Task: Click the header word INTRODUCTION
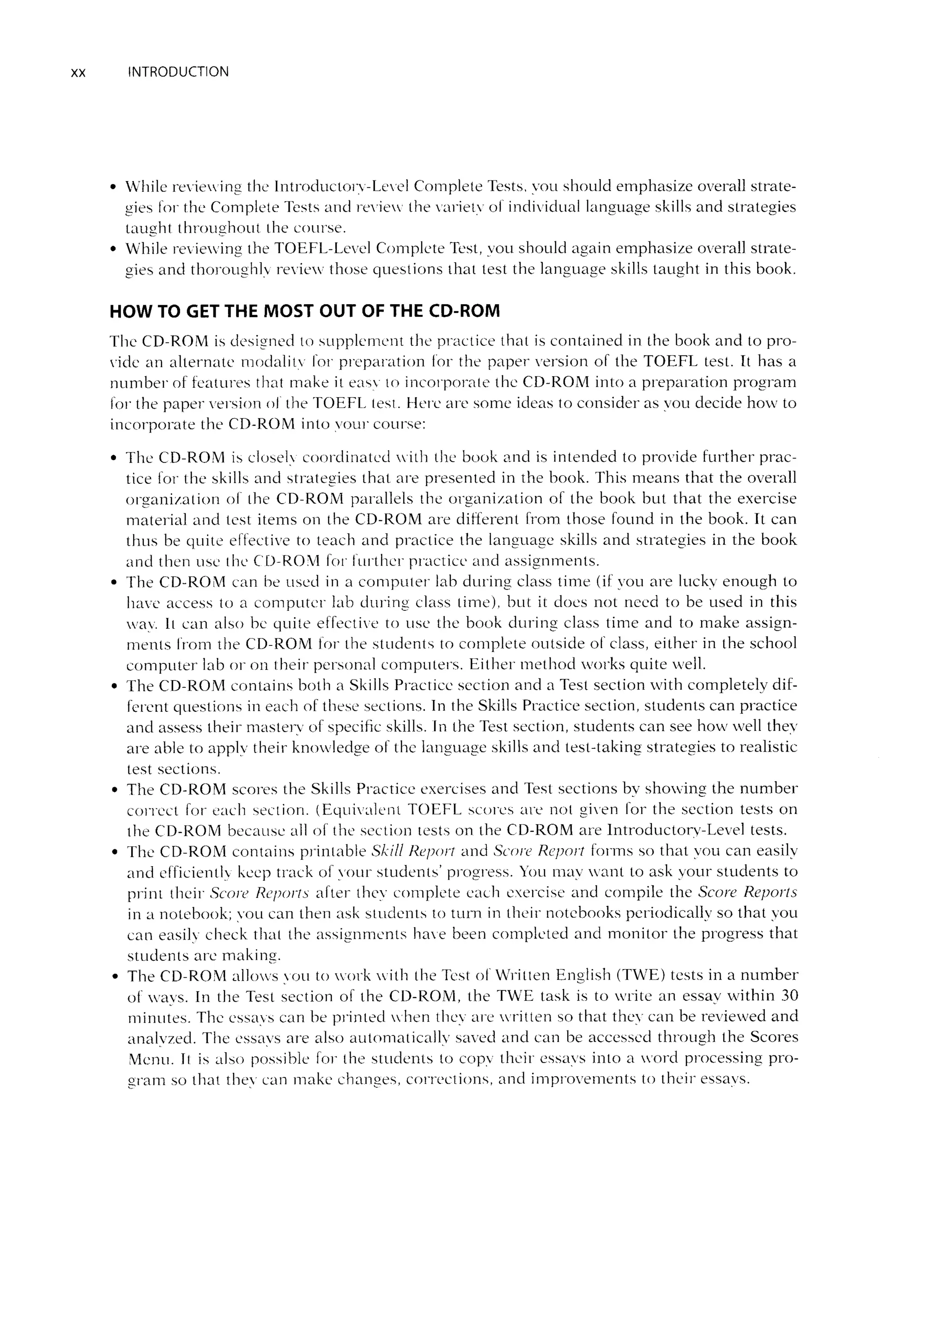[178, 72]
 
